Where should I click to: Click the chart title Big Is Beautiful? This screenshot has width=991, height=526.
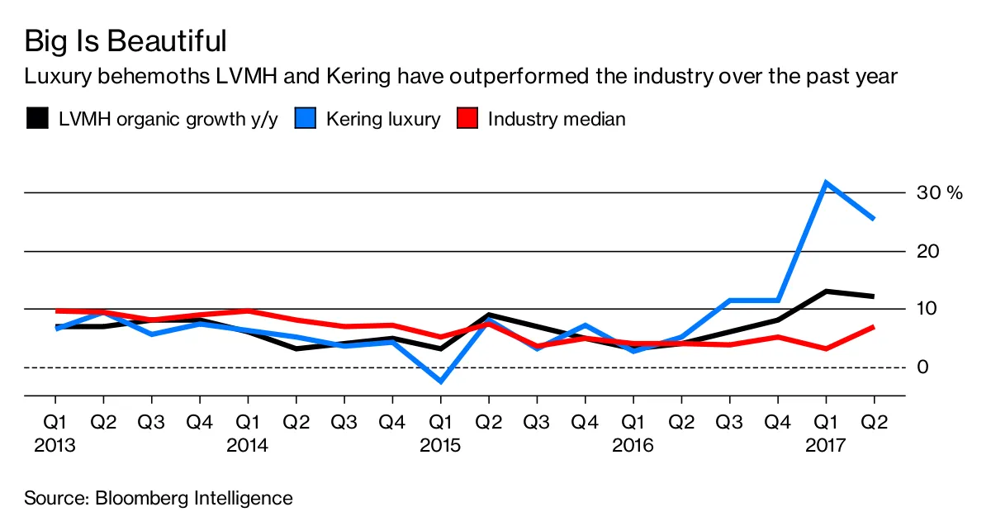tap(126, 40)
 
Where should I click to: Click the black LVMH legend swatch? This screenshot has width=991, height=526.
tap(36, 119)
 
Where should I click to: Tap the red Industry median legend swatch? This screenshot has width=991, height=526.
tap(467, 119)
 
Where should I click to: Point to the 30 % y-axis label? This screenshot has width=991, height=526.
tap(940, 193)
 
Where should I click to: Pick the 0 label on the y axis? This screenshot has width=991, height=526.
tap(923, 367)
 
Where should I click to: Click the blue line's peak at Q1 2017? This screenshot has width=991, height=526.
tap(826, 182)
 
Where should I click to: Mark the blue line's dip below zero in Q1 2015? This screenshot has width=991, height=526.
tap(440, 381)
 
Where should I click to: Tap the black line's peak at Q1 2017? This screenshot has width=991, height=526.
tap(826, 291)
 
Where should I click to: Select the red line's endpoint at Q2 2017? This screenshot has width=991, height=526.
tap(874, 327)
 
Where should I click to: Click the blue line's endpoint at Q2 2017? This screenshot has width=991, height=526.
tap(874, 219)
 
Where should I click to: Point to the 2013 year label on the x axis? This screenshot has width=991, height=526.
tap(55, 446)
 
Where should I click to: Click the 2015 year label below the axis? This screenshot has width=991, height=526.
tap(440, 446)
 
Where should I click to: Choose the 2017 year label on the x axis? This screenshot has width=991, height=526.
tap(826, 446)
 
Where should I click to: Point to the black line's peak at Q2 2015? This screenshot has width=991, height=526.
tap(488, 315)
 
